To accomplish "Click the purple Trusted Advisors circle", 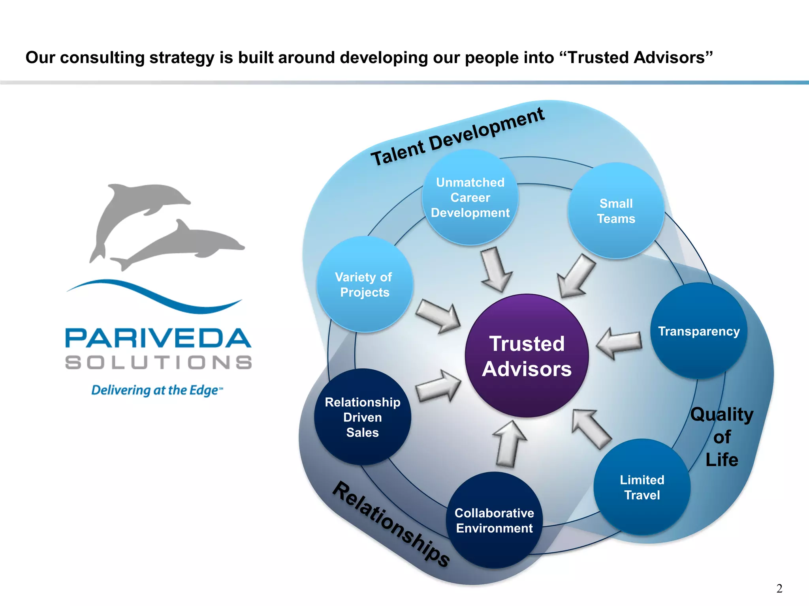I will (527, 355).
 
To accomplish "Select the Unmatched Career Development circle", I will (470, 197).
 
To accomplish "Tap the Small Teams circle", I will (616, 211).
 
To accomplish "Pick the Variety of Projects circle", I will (365, 284).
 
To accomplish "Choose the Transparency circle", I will (698, 331).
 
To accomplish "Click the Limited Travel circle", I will (642, 487).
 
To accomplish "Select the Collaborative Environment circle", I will (494, 520).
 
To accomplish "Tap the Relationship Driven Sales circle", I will (362, 417).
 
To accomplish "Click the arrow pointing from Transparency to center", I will (619, 342).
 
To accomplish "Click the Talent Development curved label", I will (457, 137).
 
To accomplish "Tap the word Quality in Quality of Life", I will (722, 414).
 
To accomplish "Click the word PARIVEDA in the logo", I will (158, 339).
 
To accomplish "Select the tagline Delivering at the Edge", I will (156, 390).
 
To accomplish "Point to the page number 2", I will (779, 588).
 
